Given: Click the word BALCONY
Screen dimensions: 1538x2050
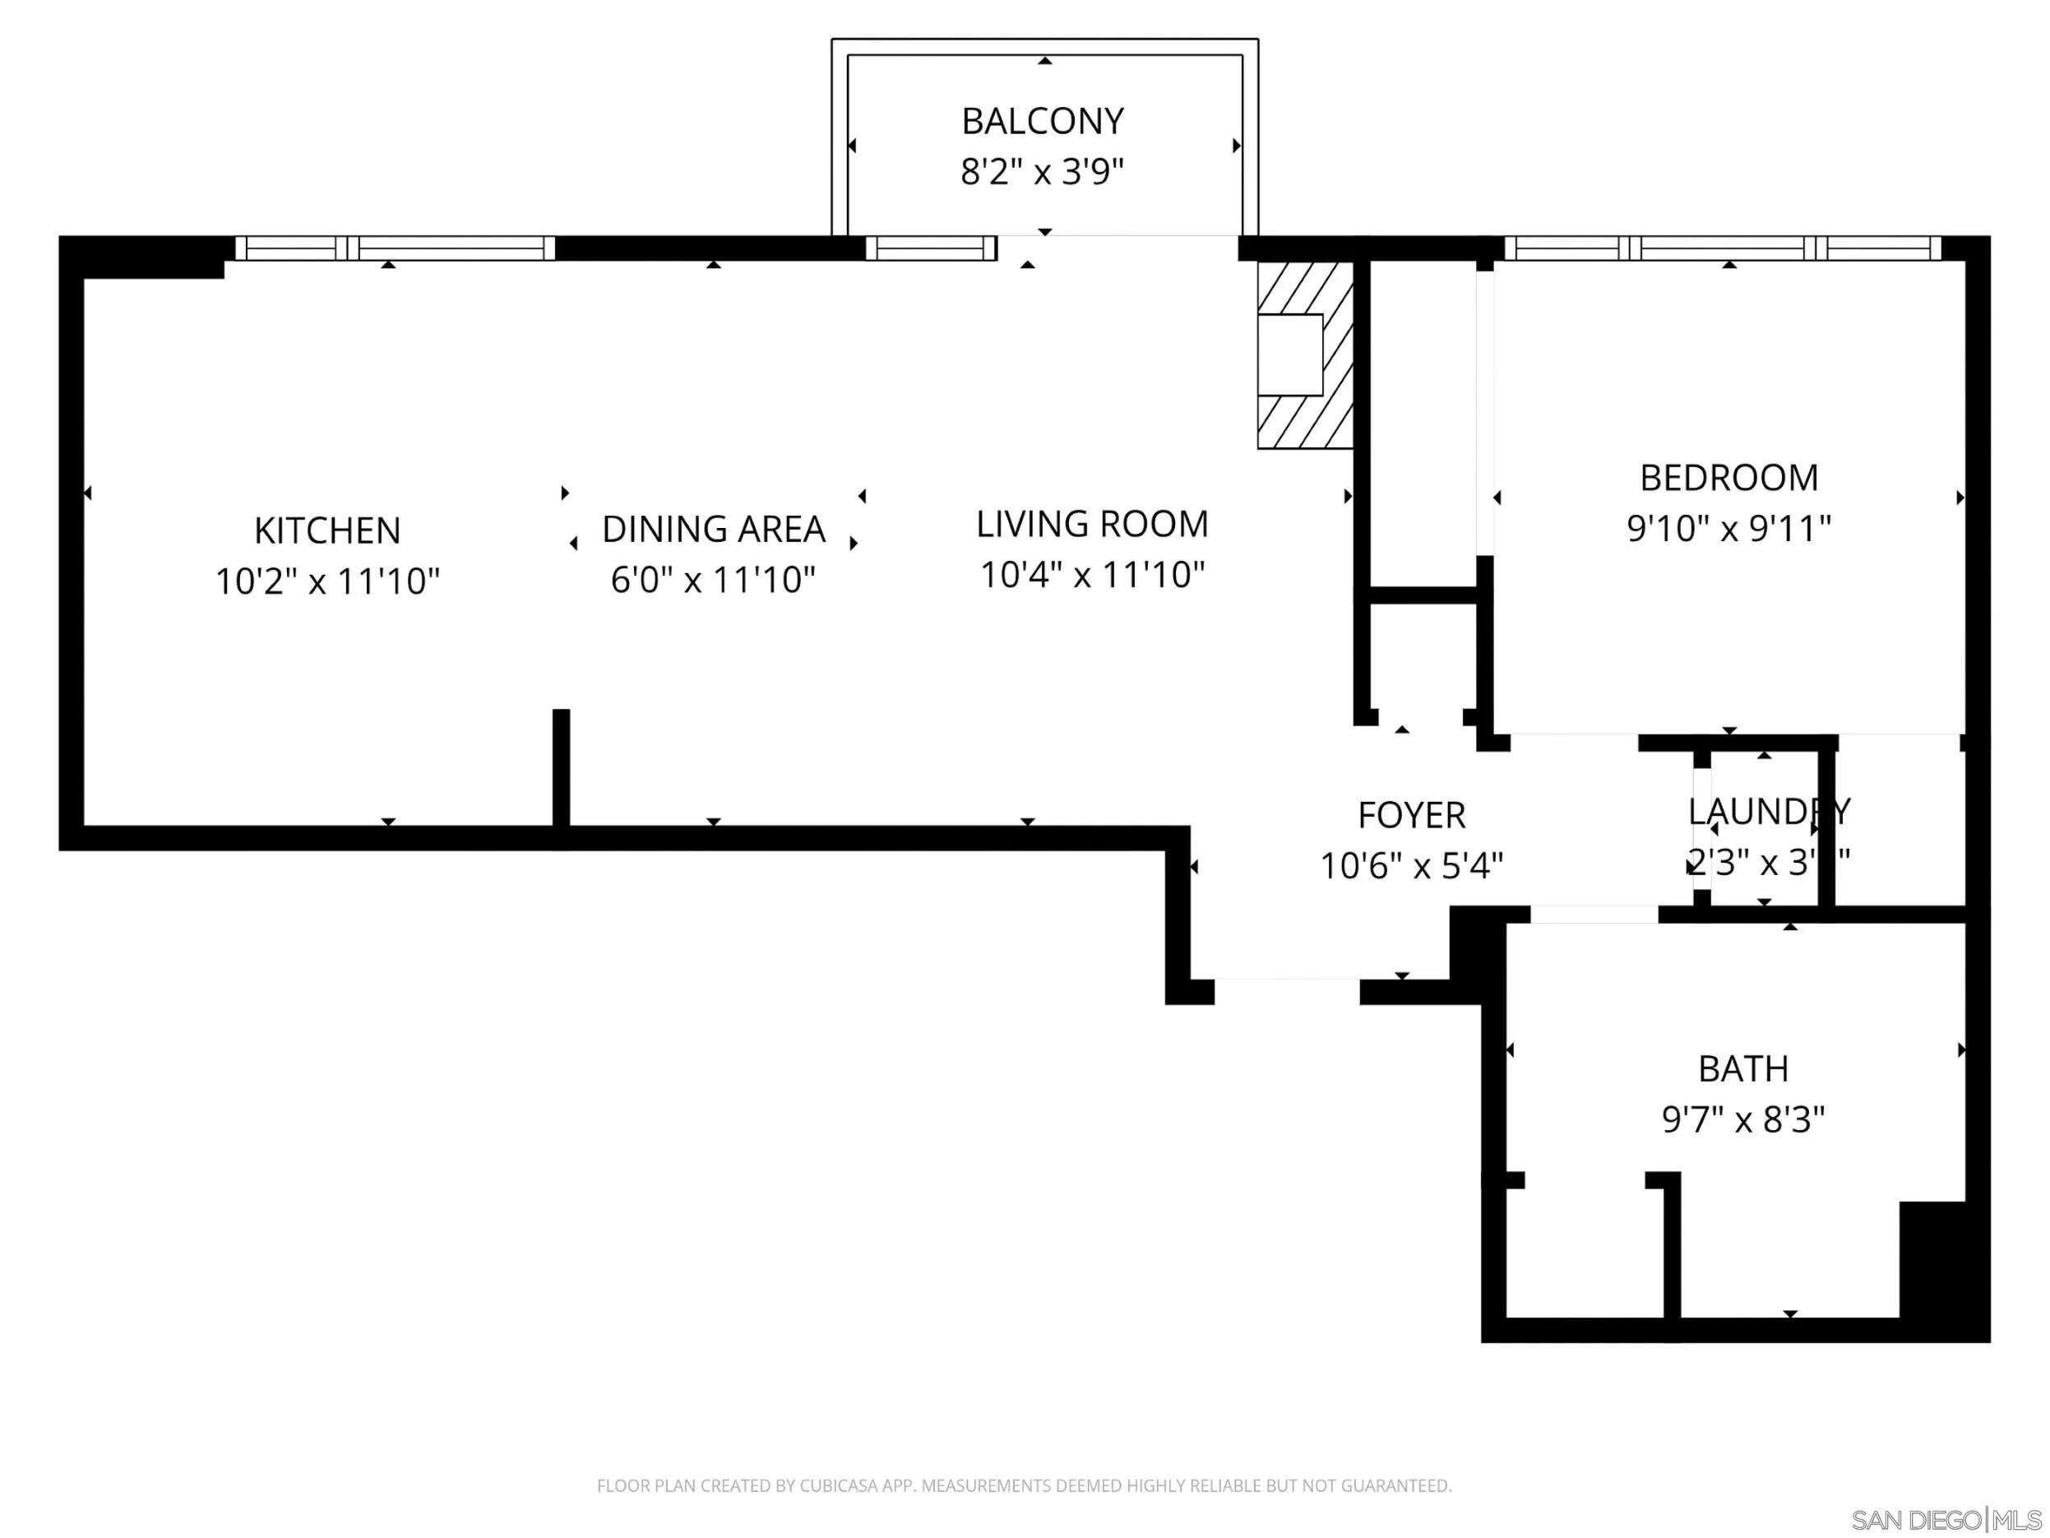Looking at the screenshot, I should (1043, 122).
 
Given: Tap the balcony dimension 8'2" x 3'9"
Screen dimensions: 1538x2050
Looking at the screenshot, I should (1043, 172).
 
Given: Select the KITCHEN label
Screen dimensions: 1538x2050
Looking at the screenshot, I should (327, 531).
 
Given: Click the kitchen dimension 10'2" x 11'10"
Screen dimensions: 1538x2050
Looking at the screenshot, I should (327, 581).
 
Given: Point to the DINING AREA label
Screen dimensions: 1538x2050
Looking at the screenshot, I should (713, 530).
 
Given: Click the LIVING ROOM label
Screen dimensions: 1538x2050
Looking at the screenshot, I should (1092, 525).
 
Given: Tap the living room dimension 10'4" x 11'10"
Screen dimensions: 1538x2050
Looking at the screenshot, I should (1092, 575).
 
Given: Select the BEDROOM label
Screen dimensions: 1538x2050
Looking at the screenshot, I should (1728, 479).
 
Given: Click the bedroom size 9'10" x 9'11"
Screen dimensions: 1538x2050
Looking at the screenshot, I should (1728, 528).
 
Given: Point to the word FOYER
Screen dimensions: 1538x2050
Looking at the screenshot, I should (1410, 816).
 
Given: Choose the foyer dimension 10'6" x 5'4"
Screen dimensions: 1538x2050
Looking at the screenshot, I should (1410, 866).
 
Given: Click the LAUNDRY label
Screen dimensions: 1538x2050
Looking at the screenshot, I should (1768, 811).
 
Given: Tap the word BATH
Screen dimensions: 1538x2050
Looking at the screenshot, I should (1742, 1069).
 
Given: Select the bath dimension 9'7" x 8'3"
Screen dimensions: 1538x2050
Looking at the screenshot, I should (1742, 1119).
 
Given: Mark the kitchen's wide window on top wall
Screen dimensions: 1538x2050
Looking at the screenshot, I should (395, 248).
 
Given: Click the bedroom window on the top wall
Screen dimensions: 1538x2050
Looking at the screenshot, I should (1722, 248).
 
